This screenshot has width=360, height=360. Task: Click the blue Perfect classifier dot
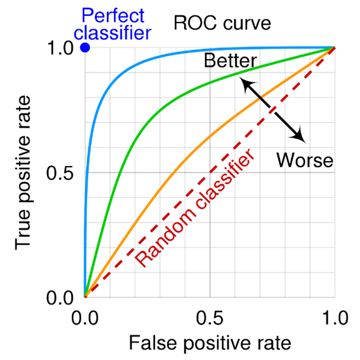coord(85,48)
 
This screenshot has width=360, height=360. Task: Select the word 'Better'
coord(230,61)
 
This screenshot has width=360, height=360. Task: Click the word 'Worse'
coord(304,160)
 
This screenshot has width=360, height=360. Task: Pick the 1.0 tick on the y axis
coord(60,48)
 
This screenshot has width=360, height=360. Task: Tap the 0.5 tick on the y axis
coord(60,173)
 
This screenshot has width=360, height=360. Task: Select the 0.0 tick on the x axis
coord(85,318)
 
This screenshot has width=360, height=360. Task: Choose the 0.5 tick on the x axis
coord(209,318)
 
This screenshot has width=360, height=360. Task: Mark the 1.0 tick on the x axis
coord(334,318)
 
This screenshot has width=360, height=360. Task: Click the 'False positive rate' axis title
coord(209,343)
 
